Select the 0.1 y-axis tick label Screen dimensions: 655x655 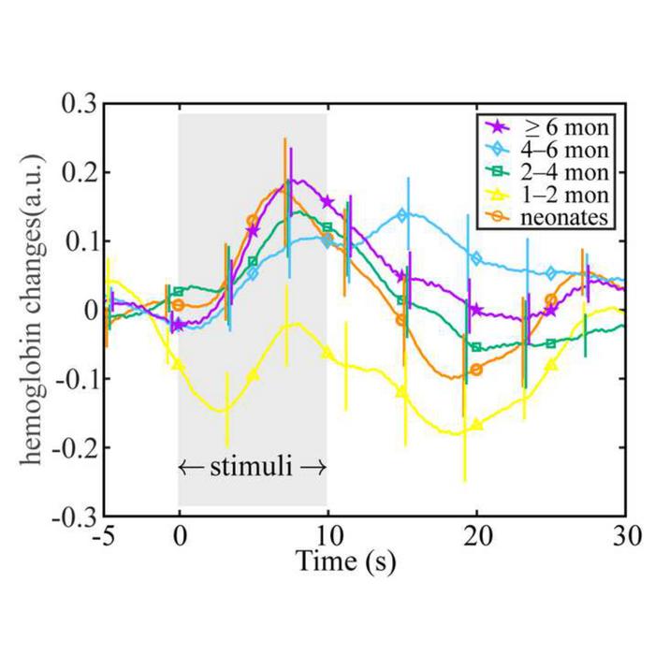(x=78, y=240)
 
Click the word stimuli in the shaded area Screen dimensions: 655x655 (x=253, y=464)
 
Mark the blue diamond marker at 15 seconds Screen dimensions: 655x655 (x=402, y=215)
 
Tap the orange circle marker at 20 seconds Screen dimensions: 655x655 (x=476, y=370)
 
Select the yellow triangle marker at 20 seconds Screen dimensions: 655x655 (x=476, y=425)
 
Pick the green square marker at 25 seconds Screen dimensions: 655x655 (x=551, y=343)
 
